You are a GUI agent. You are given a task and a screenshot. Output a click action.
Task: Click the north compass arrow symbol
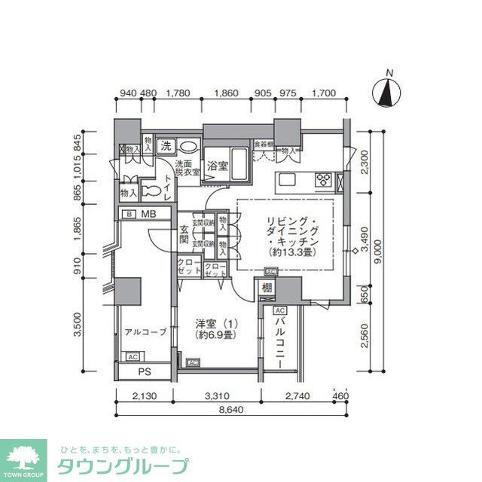(388, 94)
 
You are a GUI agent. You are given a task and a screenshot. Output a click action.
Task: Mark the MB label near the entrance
(148, 215)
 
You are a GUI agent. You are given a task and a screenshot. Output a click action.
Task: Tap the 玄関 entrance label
(185, 235)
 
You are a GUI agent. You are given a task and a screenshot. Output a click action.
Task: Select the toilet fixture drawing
(150, 191)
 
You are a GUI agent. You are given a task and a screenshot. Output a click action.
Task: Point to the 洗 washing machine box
(165, 145)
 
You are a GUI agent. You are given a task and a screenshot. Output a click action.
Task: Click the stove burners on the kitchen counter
(325, 179)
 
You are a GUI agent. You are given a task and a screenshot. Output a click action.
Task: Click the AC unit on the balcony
(279, 310)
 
